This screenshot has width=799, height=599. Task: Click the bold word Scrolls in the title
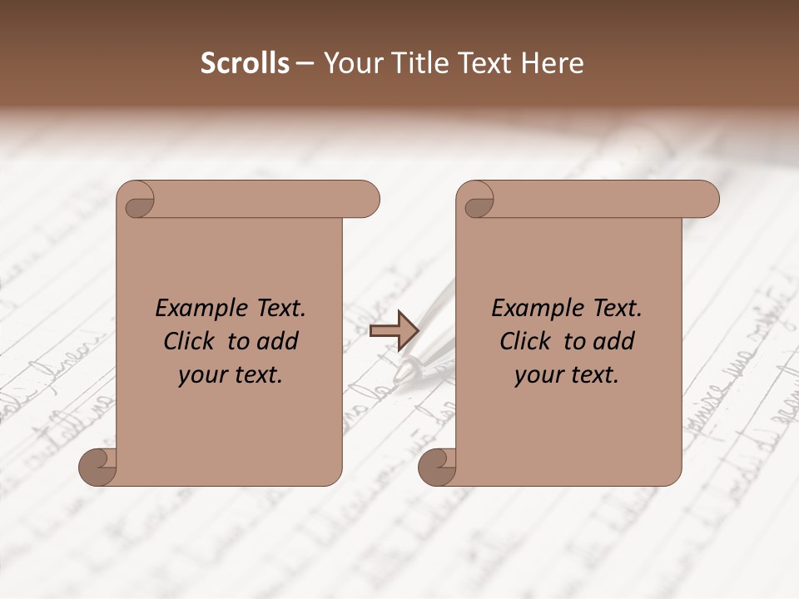(x=245, y=63)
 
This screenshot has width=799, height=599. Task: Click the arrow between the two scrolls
(x=394, y=330)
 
